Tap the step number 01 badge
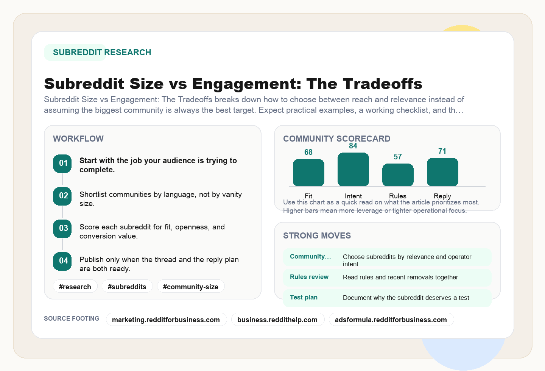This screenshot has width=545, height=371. click(x=62, y=164)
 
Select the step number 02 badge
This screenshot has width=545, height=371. click(x=62, y=196)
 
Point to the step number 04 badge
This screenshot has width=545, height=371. click(x=62, y=261)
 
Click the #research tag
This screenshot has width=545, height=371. click(x=75, y=287)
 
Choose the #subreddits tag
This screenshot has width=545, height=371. click(x=127, y=287)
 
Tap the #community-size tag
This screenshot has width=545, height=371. click(x=190, y=287)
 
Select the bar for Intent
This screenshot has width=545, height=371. click(x=353, y=170)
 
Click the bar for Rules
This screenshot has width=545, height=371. click(x=398, y=175)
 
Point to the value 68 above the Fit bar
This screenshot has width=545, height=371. click(x=308, y=152)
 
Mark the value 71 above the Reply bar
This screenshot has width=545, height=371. click(x=442, y=151)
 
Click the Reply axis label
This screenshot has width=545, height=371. click(x=442, y=196)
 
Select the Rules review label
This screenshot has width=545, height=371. click(x=309, y=277)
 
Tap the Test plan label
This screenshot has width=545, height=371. click(x=304, y=297)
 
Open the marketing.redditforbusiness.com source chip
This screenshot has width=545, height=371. click(x=166, y=320)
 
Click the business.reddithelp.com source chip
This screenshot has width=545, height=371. click(x=277, y=320)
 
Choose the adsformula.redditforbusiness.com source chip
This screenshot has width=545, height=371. click(x=391, y=320)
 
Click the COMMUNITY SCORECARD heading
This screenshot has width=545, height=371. click(x=336, y=139)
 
